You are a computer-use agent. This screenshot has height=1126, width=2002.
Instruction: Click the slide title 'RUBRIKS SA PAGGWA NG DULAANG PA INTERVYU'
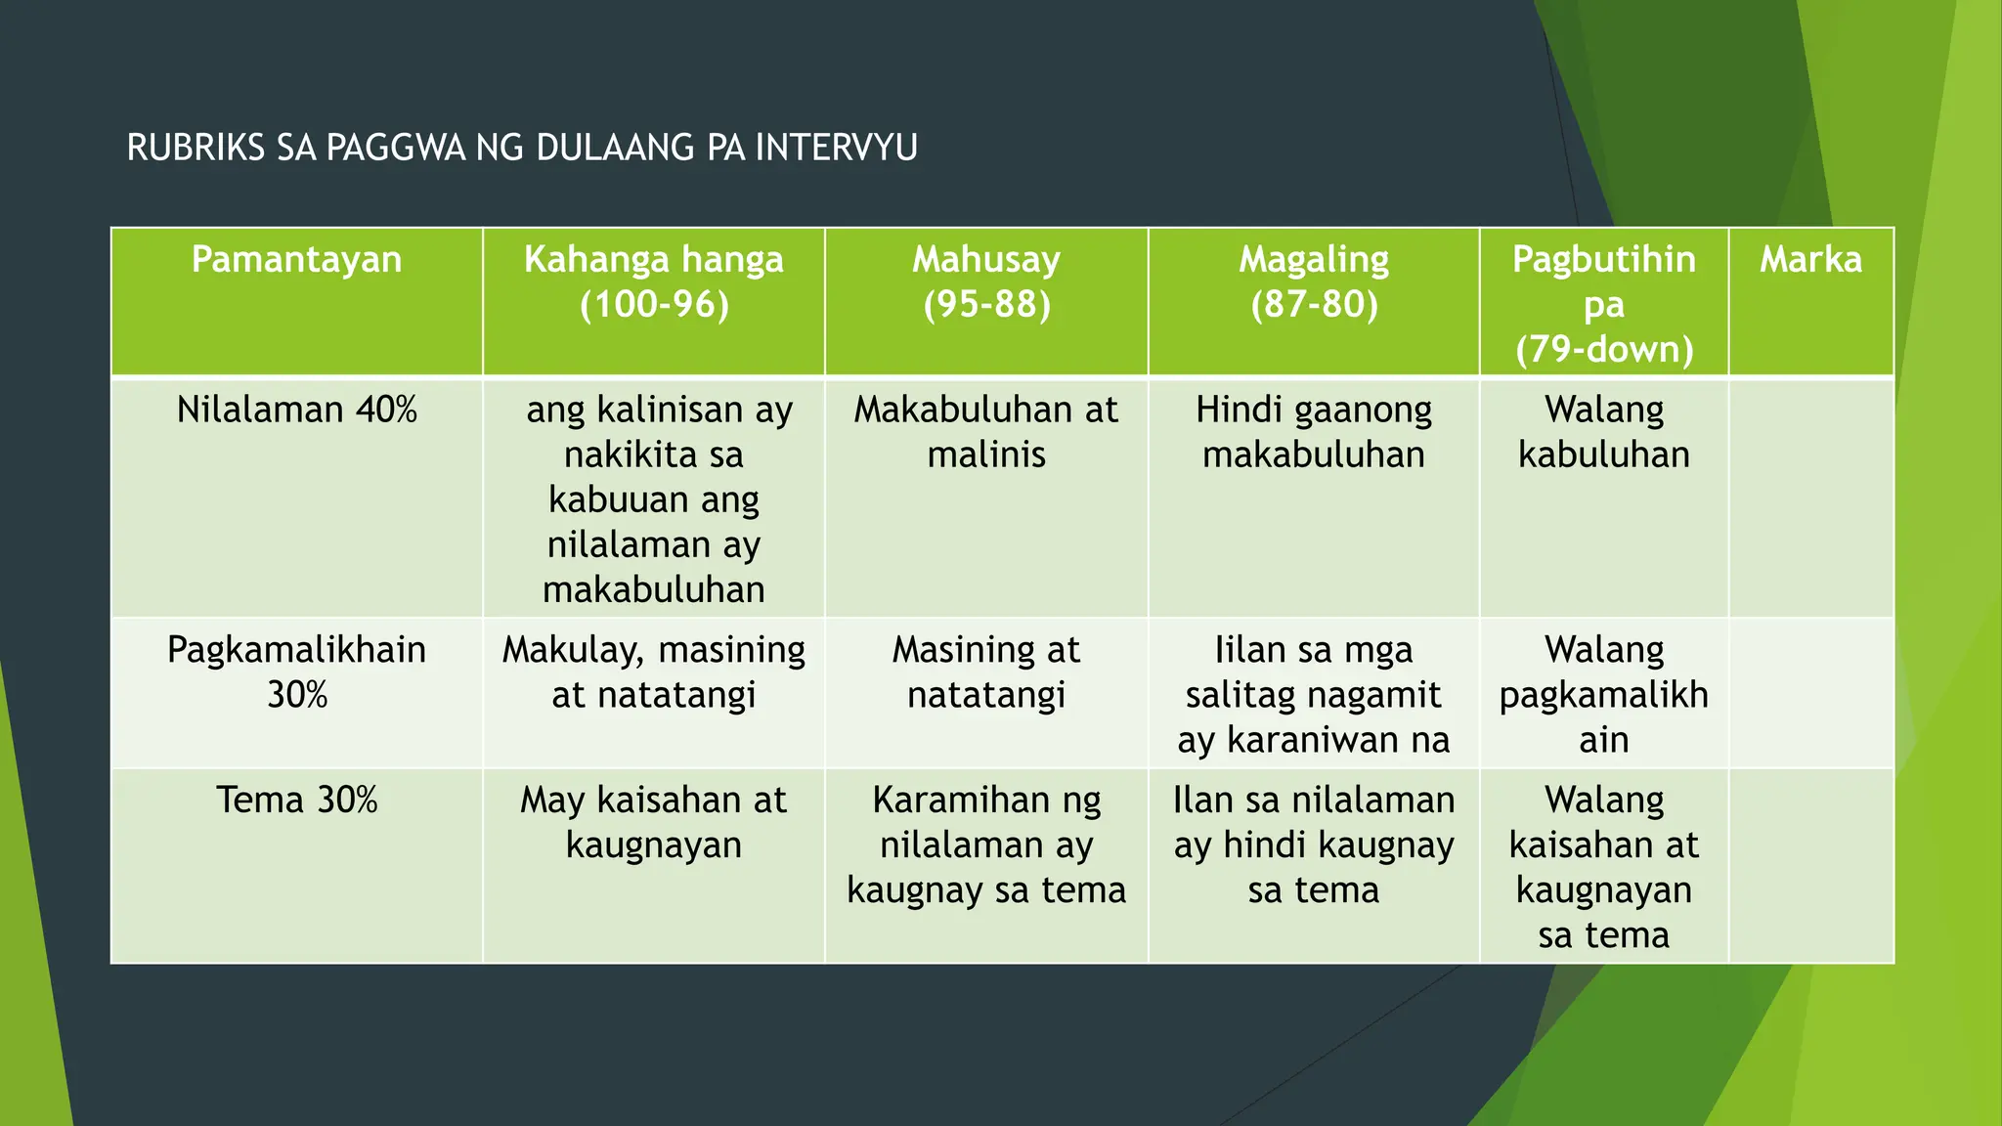[x=522, y=148]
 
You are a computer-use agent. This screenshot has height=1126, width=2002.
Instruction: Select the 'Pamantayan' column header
[x=296, y=260]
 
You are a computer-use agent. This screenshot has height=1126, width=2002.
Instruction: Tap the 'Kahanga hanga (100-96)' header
[x=653, y=281]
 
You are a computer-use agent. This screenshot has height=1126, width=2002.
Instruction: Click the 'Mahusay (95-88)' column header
[x=986, y=281]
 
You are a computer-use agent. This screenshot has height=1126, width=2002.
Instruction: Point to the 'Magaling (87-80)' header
[x=1314, y=281]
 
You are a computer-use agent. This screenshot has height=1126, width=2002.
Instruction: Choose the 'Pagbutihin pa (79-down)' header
[x=1603, y=303]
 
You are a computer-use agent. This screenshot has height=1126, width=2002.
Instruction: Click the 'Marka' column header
[x=1810, y=260]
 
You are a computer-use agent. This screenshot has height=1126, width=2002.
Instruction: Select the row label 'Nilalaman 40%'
[x=296, y=410]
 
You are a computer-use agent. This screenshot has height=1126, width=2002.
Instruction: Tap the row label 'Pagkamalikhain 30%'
[x=296, y=671]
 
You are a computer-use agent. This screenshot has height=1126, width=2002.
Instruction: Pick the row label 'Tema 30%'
[x=296, y=801]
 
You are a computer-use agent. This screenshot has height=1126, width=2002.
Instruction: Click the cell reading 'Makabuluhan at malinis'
[x=986, y=432]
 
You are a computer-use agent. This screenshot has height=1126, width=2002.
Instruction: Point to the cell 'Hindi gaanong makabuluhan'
[x=1314, y=432]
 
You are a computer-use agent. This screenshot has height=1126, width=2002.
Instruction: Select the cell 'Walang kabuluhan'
[x=1603, y=432]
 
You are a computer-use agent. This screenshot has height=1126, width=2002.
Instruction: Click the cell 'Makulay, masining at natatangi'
[x=653, y=671]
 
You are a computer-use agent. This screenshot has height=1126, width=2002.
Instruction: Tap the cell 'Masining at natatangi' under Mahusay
[x=986, y=671]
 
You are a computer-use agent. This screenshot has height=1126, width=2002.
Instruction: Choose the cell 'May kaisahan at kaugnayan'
[x=653, y=822]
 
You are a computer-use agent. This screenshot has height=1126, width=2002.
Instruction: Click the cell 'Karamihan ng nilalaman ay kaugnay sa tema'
[x=986, y=844]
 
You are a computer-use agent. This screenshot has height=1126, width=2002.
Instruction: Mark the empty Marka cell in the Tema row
[x=1810, y=866]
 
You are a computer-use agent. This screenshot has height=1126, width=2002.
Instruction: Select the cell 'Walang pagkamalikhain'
[x=1603, y=694]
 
